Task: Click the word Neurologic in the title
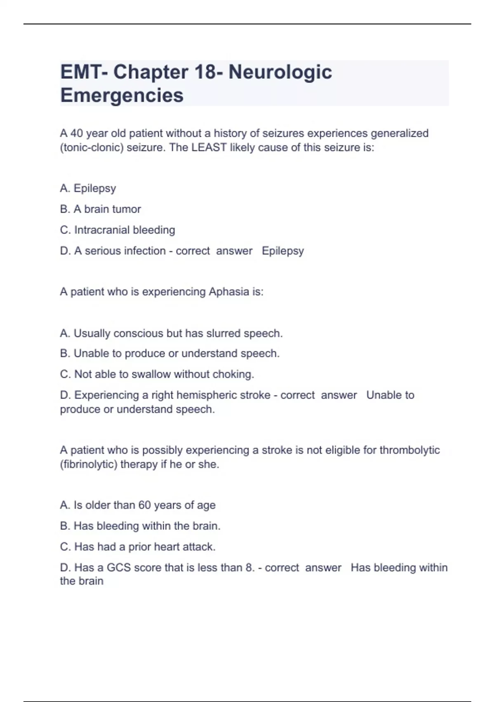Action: (280, 72)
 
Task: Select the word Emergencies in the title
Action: (122, 95)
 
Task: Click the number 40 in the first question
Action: (77, 133)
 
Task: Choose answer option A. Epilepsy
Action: (88, 188)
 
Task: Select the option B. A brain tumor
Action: (100, 209)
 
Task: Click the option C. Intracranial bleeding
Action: (117, 230)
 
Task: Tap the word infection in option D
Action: (145, 251)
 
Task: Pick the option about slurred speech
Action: (171, 333)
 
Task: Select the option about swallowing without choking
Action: (157, 374)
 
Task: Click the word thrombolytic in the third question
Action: (409, 450)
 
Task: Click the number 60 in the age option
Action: (144, 505)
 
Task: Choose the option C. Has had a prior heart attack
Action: (138, 547)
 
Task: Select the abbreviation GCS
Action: (118, 568)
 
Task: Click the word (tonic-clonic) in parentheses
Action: (92, 147)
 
